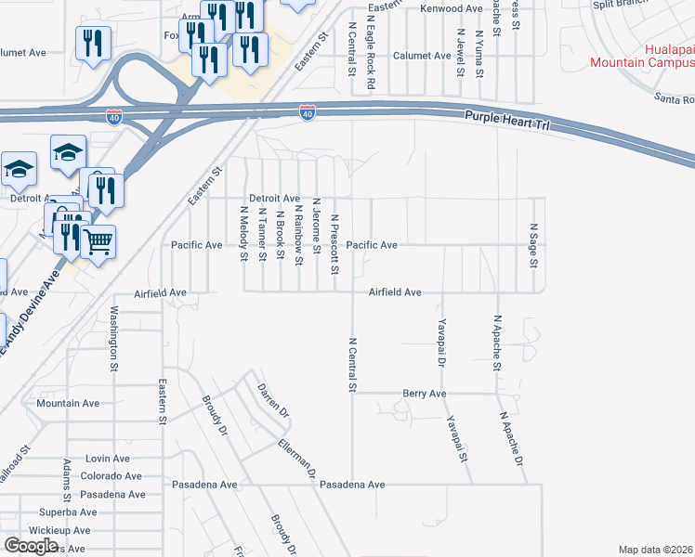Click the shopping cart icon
point(98,243)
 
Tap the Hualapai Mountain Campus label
point(642,55)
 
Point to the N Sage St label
point(533,244)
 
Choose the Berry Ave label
point(425,394)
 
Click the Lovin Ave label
point(108,459)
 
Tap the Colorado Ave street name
point(111,475)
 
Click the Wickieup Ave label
point(59,530)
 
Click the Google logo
point(32,545)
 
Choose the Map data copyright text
point(656,550)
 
